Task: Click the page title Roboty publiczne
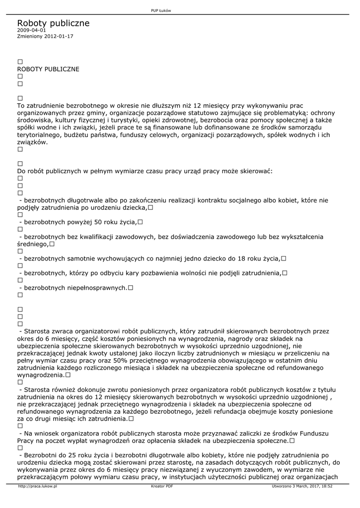point(53,23)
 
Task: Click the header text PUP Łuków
point(161,11)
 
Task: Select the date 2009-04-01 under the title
point(31,30)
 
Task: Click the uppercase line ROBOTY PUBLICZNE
point(48,69)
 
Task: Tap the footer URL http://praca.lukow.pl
point(37,486)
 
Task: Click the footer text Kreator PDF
point(162,486)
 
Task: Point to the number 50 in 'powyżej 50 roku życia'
point(98,222)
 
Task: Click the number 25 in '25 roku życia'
point(72,455)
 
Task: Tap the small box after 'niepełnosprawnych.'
point(131,288)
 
